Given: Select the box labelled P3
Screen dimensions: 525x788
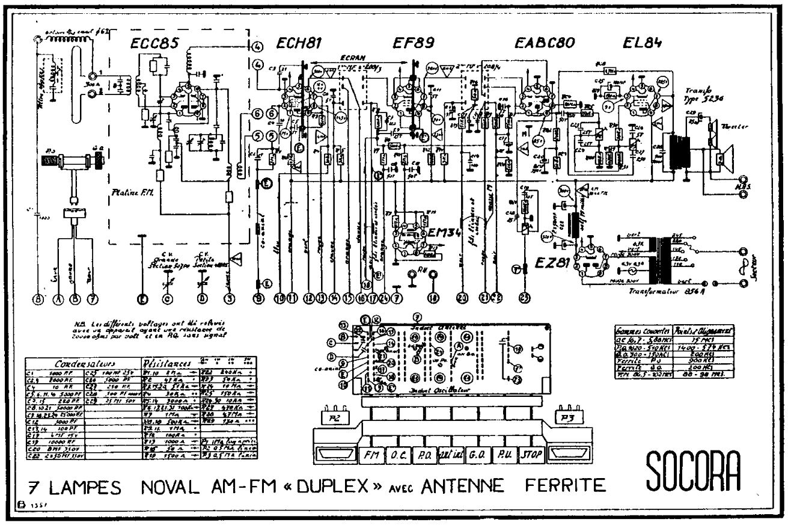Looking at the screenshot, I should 569,417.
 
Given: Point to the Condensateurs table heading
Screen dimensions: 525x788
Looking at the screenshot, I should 81,364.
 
